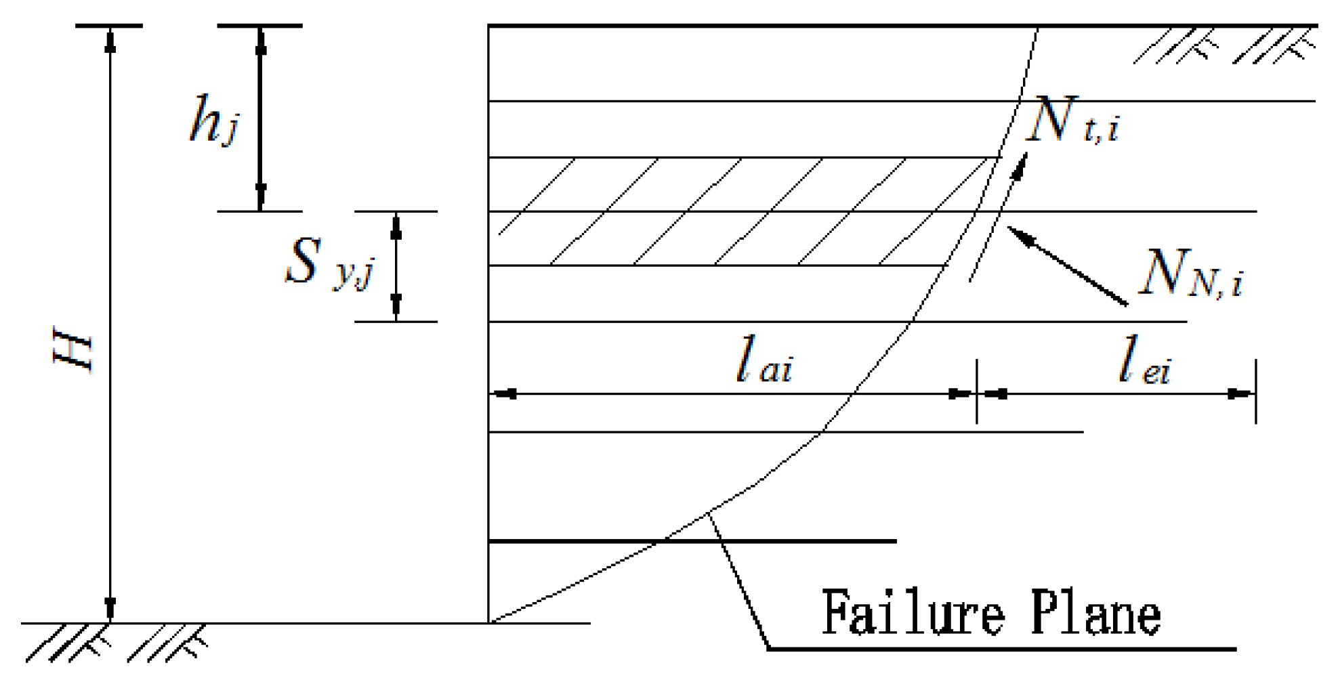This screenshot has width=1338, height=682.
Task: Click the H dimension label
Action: coord(73,350)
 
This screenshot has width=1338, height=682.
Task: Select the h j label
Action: coord(213,120)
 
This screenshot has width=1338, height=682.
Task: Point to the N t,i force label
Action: coord(1073,121)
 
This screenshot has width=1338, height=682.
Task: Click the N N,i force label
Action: coord(1191,272)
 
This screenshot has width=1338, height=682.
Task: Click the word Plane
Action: coord(1095,613)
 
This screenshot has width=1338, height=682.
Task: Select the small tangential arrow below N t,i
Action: coord(1019,166)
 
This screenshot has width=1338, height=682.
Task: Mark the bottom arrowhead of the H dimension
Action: coord(110,608)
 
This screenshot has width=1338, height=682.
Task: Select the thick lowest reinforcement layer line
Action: coord(691,541)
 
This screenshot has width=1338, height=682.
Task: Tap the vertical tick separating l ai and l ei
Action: coord(976,392)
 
